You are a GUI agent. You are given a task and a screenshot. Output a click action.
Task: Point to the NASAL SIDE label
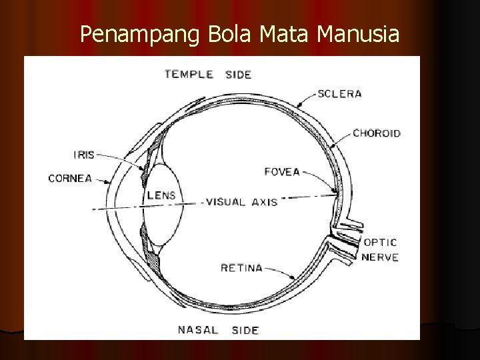point(218,329)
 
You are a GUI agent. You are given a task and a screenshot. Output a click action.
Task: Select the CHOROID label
point(376,133)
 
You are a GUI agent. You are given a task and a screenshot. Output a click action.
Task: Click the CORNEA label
point(69,178)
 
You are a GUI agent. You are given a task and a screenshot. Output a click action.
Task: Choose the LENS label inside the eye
point(161,195)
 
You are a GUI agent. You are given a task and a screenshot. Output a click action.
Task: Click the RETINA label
point(241,268)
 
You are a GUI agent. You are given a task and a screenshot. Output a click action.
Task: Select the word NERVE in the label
point(381,257)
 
